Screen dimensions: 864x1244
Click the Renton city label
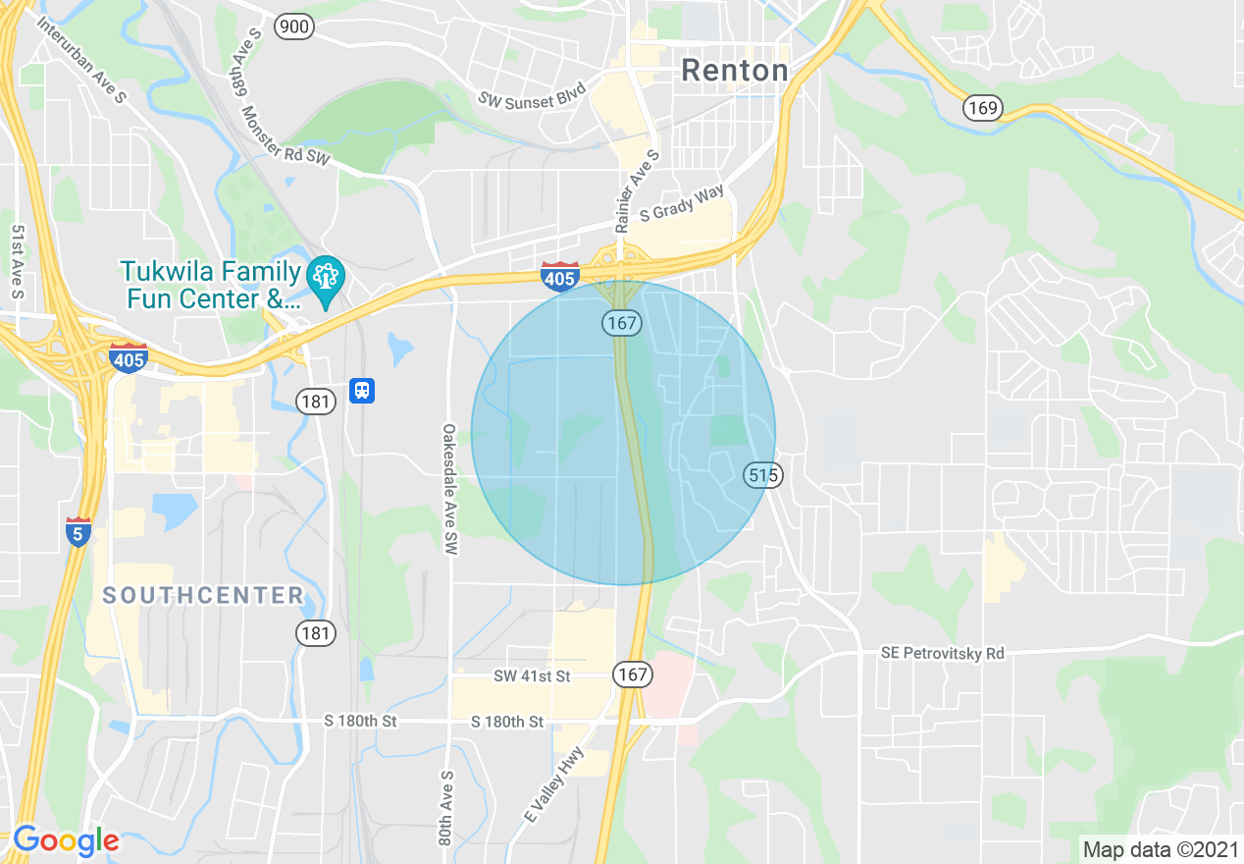click(x=734, y=71)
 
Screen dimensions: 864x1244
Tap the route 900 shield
click(x=293, y=27)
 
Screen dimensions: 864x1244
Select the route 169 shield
click(x=981, y=107)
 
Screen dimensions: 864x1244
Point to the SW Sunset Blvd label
click(x=532, y=96)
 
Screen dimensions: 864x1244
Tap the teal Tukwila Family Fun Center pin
click(x=323, y=279)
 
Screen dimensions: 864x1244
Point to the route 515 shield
click(x=762, y=475)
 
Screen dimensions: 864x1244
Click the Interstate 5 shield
click(x=78, y=531)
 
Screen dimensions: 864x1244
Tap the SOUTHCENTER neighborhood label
click(x=203, y=595)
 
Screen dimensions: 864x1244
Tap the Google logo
click(x=66, y=840)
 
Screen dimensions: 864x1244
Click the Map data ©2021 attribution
click(x=1159, y=848)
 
